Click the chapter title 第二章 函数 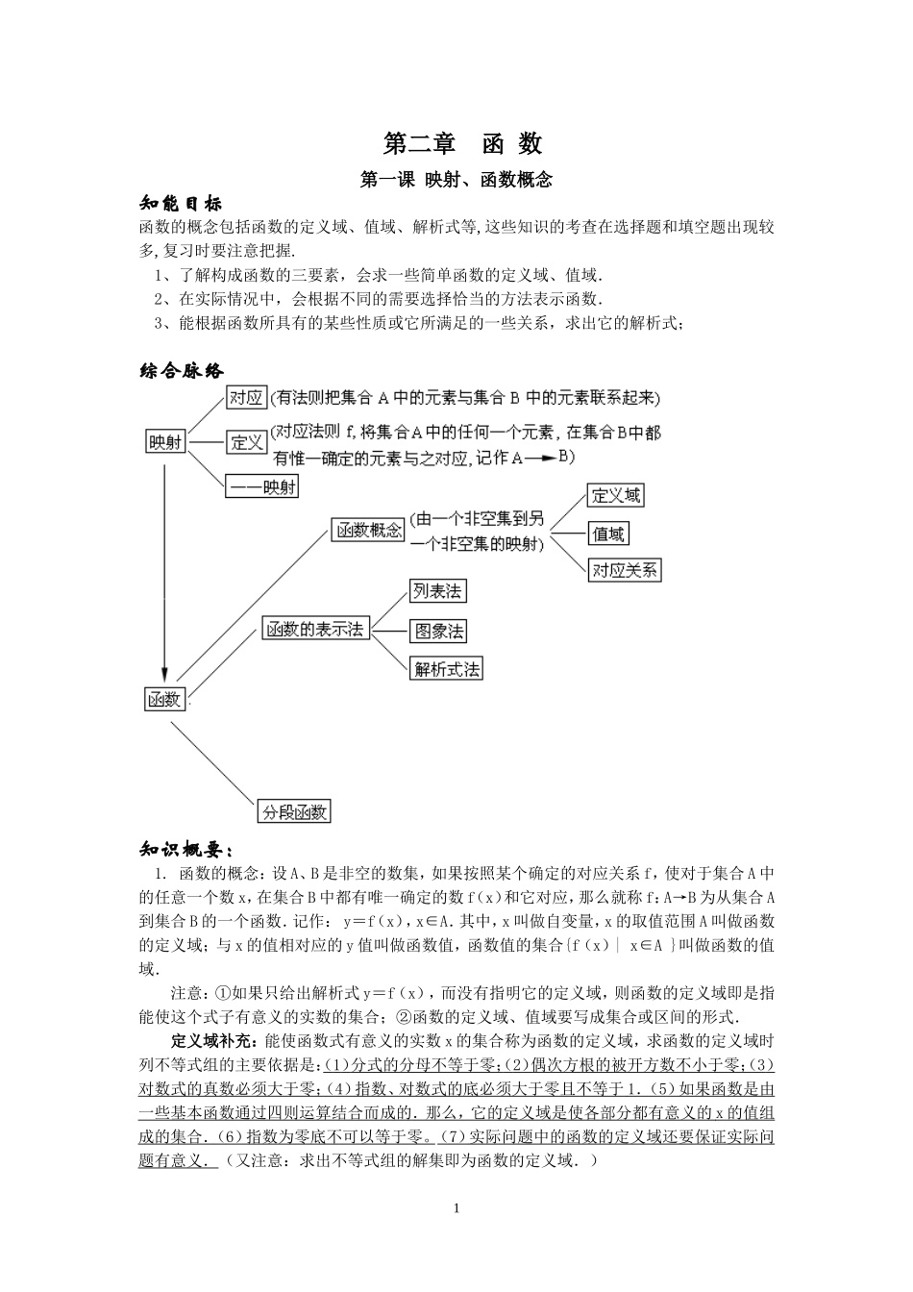(462, 143)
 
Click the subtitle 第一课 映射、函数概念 (456, 180)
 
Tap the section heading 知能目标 (181, 204)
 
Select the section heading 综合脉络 (182, 372)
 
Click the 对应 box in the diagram (246, 397)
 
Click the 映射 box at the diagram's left (165, 442)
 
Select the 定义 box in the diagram (246, 442)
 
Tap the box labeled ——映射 (261, 486)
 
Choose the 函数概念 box (368, 530)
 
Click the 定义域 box (615, 496)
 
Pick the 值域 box (608, 534)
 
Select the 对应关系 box (625, 570)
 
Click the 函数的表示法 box (316, 630)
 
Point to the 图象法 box (437, 631)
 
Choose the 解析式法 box (447, 669)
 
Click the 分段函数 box (294, 811)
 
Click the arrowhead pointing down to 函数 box (165, 677)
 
